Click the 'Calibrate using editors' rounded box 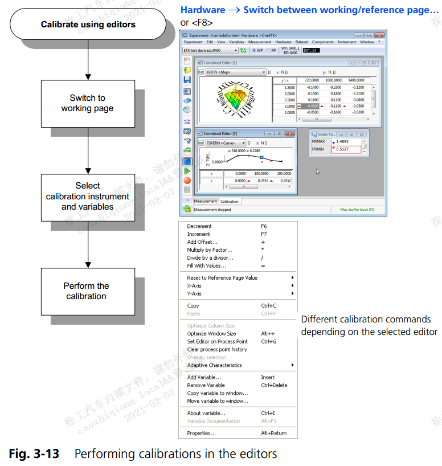click(88, 24)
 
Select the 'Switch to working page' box click(87, 103)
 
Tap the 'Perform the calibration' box click(87, 291)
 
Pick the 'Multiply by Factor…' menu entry click(210, 250)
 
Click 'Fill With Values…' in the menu click(206, 266)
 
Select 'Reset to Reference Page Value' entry click(222, 278)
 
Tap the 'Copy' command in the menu click(193, 306)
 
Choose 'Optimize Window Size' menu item click(211, 334)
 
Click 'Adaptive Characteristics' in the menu click(215, 365)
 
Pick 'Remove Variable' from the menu click(206, 385)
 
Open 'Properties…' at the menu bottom click(201, 433)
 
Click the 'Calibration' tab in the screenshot click(230, 201)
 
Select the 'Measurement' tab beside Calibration click(206, 201)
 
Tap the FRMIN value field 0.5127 click(345, 149)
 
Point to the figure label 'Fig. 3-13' click(33, 453)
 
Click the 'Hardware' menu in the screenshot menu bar click(283, 42)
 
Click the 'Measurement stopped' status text click(212, 210)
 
